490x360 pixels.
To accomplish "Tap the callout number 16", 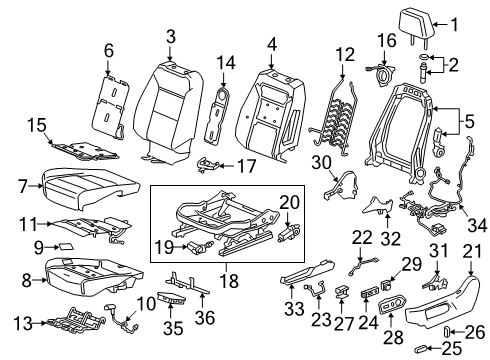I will click(387, 40).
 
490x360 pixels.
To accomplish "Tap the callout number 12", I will click(344, 54).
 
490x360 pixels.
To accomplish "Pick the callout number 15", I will click(36, 126).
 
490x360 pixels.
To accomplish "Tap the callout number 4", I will click(273, 45).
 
